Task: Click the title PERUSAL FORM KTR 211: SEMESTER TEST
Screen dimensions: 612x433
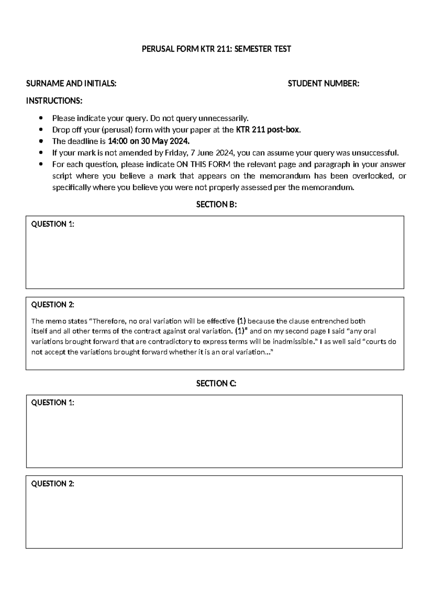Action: (x=216, y=49)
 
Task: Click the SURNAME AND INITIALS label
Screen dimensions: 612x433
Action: (x=71, y=84)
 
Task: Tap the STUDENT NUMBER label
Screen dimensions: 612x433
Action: (x=323, y=84)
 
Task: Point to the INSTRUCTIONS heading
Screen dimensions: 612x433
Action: (x=54, y=101)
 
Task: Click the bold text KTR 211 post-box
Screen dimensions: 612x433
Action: (x=268, y=130)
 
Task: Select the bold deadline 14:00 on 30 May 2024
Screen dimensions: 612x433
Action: (x=149, y=141)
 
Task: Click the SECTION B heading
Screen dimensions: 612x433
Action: (x=216, y=205)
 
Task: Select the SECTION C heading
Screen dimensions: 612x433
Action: (x=216, y=384)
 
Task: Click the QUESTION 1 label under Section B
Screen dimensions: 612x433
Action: (x=53, y=224)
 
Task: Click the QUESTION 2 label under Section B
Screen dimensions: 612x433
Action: (x=53, y=305)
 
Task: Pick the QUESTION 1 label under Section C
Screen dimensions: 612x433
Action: (x=53, y=403)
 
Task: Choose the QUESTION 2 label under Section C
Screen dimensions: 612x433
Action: (x=53, y=484)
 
